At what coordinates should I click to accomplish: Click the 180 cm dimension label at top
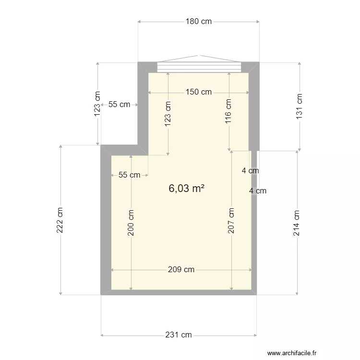click(x=199, y=21)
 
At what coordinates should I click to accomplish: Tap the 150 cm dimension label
click(x=199, y=92)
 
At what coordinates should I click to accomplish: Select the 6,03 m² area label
click(x=186, y=189)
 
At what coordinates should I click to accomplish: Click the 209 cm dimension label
click(x=181, y=270)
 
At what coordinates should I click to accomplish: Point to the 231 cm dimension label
click(x=179, y=335)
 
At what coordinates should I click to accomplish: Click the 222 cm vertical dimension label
click(x=60, y=220)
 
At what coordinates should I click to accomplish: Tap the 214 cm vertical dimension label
click(x=297, y=223)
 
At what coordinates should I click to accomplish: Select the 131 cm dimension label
click(x=300, y=106)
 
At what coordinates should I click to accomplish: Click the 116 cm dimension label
click(x=228, y=111)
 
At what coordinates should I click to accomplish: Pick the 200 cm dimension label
click(x=131, y=223)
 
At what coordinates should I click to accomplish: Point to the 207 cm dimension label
click(x=231, y=220)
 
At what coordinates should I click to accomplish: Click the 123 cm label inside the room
click(x=168, y=113)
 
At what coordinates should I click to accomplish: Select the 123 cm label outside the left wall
click(x=98, y=104)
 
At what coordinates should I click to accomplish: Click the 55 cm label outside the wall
click(x=119, y=104)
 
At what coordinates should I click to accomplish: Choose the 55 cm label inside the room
click(x=129, y=175)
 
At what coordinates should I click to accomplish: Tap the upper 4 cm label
click(x=250, y=170)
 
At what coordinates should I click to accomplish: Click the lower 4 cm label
click(x=258, y=191)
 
